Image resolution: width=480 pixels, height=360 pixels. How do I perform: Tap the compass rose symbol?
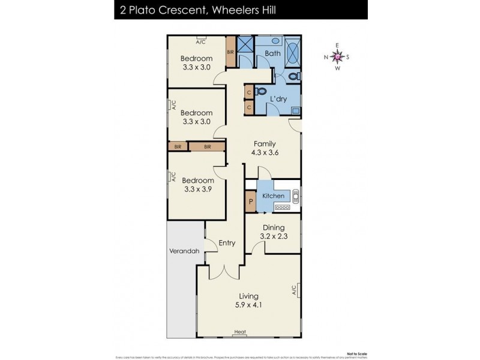coord(337,57)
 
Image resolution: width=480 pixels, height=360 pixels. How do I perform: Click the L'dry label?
coord(277,99)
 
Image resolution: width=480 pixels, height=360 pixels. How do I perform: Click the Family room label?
coord(264,143)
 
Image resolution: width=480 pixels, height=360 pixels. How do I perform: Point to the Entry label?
coord(227,243)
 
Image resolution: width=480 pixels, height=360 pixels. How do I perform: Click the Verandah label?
coord(183,251)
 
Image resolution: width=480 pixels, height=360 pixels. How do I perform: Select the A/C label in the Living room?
coord(295,291)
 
